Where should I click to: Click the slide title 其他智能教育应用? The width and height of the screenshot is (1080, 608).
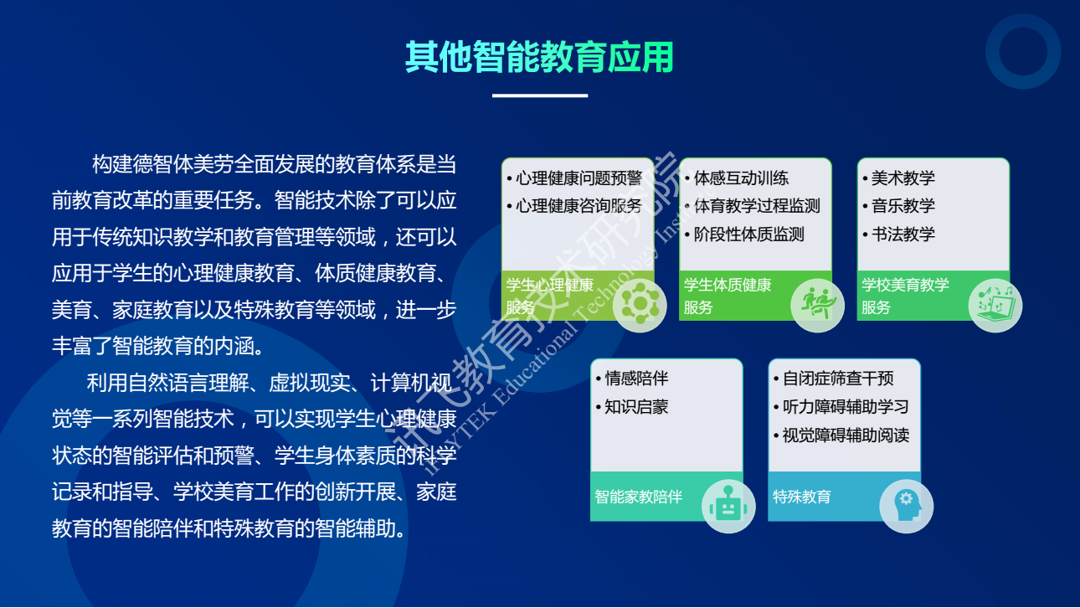click(539, 57)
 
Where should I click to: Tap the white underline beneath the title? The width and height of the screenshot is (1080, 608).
click(539, 95)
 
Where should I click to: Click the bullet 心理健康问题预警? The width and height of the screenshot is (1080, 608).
click(579, 178)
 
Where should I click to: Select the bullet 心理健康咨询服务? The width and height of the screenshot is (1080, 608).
click(579, 206)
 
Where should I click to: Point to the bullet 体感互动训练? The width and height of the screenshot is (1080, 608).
click(741, 178)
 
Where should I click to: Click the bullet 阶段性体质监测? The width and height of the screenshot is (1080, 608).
click(748, 234)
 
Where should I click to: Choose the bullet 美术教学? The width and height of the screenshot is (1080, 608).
click(903, 178)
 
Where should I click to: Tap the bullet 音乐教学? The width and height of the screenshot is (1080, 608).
click(903, 206)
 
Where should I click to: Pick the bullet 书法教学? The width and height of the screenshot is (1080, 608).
click(903, 234)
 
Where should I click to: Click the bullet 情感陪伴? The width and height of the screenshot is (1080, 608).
click(636, 378)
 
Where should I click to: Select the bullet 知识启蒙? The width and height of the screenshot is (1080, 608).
click(636, 406)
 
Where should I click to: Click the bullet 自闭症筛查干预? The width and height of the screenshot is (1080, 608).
click(838, 378)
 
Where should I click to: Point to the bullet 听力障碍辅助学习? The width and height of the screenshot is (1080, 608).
click(846, 406)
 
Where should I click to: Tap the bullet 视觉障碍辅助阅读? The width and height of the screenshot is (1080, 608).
click(846, 435)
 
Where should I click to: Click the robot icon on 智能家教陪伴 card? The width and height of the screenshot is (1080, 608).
click(728, 507)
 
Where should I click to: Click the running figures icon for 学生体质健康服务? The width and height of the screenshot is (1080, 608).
click(818, 304)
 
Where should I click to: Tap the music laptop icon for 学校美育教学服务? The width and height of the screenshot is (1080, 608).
click(995, 305)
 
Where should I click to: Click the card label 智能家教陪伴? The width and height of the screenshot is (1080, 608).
click(638, 496)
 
